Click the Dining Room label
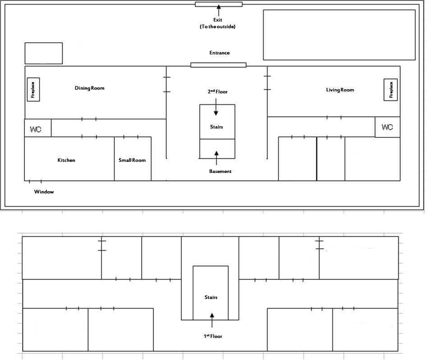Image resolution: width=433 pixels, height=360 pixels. point(89,88)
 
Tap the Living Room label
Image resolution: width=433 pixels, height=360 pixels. point(340,90)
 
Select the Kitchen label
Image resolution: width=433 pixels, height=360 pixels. point(66,160)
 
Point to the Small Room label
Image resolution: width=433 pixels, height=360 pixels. point(132,160)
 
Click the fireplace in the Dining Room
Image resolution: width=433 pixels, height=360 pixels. point(33,90)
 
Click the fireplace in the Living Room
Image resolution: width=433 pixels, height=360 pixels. point(391,90)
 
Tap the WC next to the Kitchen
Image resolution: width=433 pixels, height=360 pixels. point(38,128)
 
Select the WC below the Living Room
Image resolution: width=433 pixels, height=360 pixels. point(387,127)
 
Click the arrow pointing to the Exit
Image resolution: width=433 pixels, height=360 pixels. point(219,10)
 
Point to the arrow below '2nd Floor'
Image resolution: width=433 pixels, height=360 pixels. point(216,107)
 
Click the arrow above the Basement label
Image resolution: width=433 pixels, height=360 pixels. point(216,158)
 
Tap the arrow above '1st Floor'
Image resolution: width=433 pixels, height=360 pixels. point(212,320)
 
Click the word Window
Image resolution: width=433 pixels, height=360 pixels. point(44,192)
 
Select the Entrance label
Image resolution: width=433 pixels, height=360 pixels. point(219,53)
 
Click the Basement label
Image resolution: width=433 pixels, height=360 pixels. point(220,171)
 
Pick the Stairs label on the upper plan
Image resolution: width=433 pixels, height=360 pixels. point(216,127)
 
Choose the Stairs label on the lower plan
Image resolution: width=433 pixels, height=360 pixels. point(211,297)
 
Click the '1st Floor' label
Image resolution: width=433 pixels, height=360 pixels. point(213,336)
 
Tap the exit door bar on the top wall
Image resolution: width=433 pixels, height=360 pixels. point(219,4)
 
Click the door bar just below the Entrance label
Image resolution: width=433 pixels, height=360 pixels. point(218,65)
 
